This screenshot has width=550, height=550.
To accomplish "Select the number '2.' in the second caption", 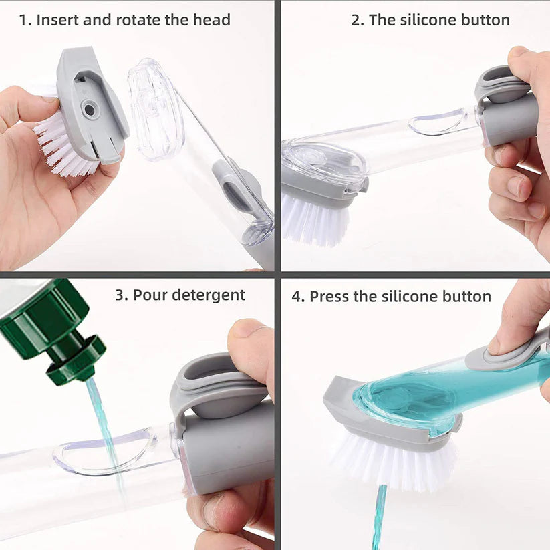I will point(358,20).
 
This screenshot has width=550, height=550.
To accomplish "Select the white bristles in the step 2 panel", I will point(314,221).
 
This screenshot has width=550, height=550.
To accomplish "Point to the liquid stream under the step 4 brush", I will point(380,518).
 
